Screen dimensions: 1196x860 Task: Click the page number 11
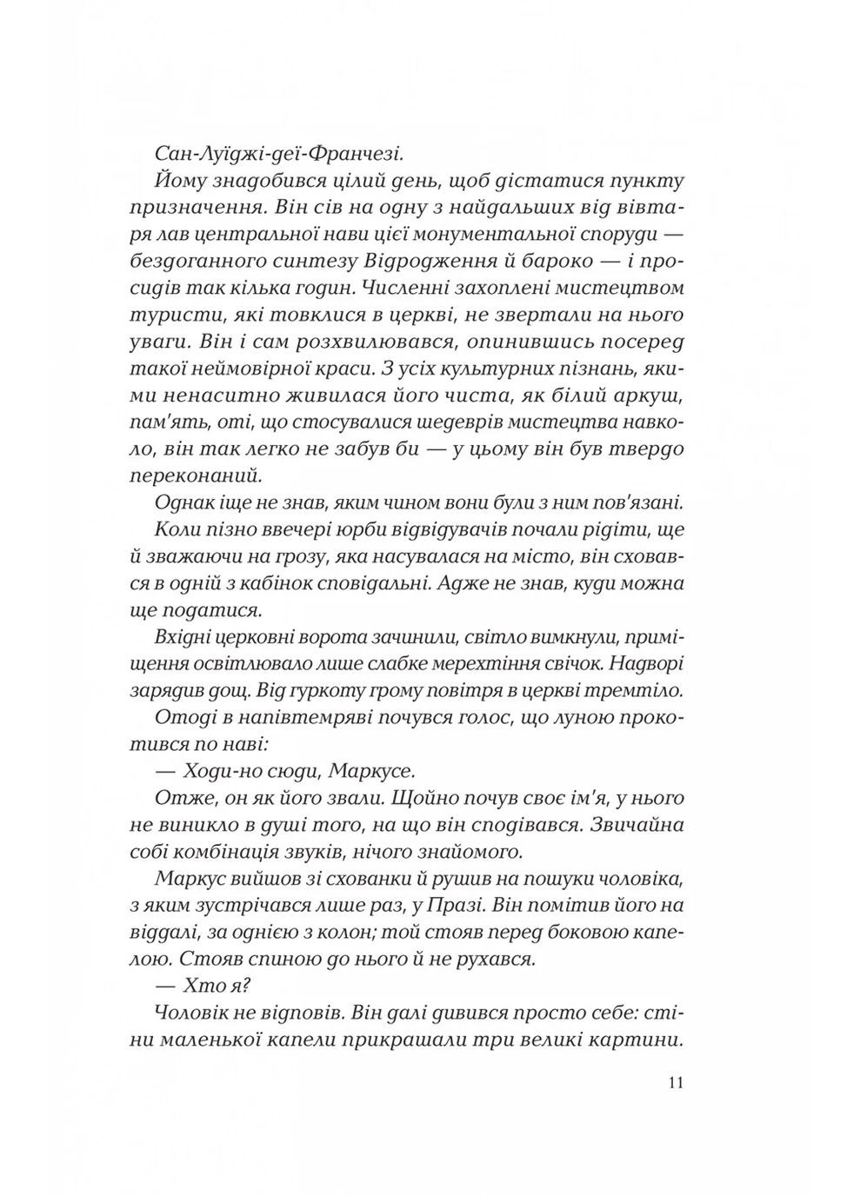(677, 1083)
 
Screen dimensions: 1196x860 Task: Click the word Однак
(187, 502)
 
